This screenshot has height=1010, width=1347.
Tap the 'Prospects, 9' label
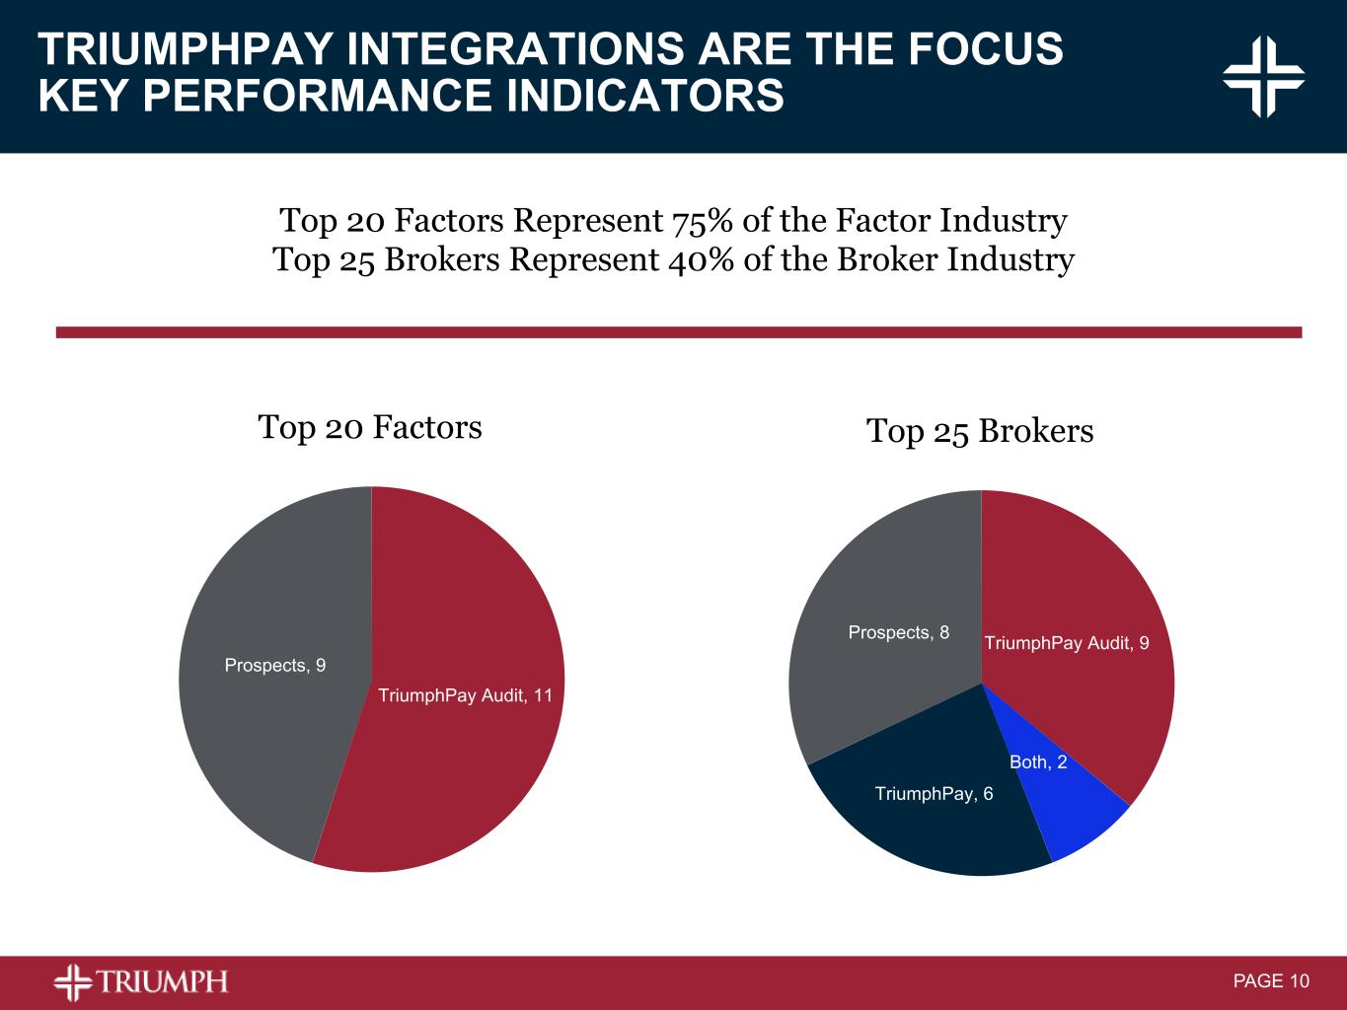point(275,666)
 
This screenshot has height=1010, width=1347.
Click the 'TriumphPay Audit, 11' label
point(465,695)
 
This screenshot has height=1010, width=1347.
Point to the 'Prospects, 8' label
point(898,632)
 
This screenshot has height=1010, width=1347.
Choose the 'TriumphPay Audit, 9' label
point(1066,643)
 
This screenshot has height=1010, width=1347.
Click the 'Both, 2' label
point(1038,762)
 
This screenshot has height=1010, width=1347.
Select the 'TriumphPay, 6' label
point(934,794)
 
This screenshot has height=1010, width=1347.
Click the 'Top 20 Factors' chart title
point(370,427)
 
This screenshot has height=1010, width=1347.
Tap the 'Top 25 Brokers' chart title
point(980,431)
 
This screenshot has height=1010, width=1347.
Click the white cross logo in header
point(1263,77)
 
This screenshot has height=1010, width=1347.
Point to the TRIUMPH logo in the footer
point(141,981)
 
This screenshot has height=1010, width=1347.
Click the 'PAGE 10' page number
point(1271,981)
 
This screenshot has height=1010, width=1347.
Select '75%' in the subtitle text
point(702,221)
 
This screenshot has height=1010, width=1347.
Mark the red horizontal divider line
point(679,332)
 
